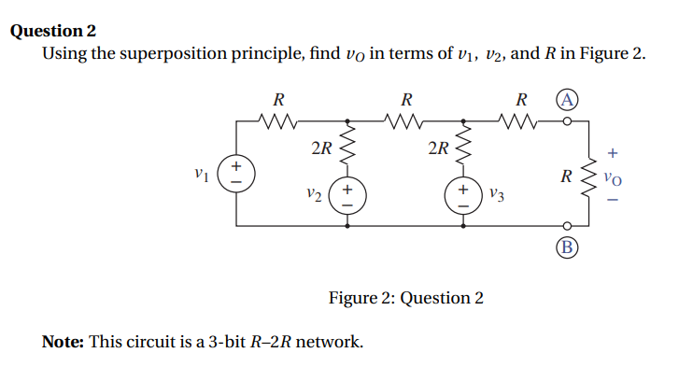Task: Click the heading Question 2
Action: (53, 31)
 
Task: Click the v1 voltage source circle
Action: (236, 174)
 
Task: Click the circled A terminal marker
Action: (566, 100)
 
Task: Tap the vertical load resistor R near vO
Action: (588, 174)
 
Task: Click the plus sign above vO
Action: (613, 150)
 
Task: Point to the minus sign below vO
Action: (613, 197)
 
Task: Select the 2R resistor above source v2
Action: (348, 148)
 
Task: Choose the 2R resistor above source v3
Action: (461, 148)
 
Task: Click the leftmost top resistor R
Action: (277, 120)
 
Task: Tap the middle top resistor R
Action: (405, 120)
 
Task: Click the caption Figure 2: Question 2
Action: (406, 298)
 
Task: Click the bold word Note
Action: (63, 342)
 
